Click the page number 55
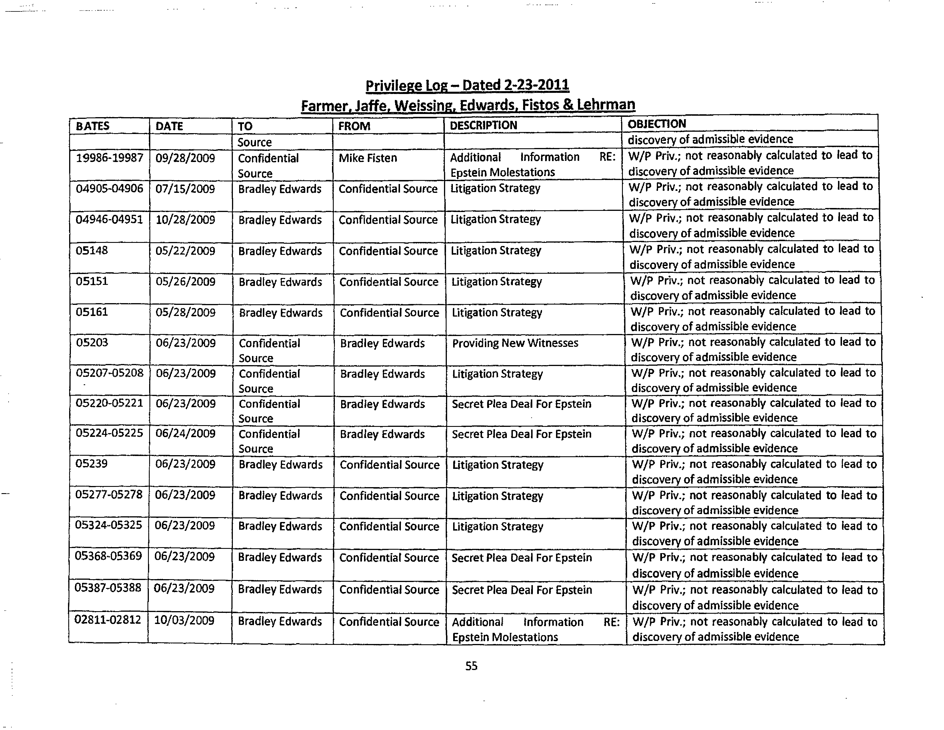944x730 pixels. point(471,666)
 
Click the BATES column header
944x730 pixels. point(93,126)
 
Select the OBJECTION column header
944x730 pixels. point(657,124)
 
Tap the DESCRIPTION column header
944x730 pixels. point(483,125)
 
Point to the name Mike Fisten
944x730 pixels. point(367,158)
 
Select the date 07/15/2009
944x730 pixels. point(185,189)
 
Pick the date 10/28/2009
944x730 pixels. point(185,220)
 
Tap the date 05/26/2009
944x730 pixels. point(185,282)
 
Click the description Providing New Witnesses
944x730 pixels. point(515,343)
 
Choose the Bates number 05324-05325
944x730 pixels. point(109,525)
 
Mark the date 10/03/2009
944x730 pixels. point(184,621)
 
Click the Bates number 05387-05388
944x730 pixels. point(108,588)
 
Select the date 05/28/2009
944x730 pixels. point(185,313)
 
